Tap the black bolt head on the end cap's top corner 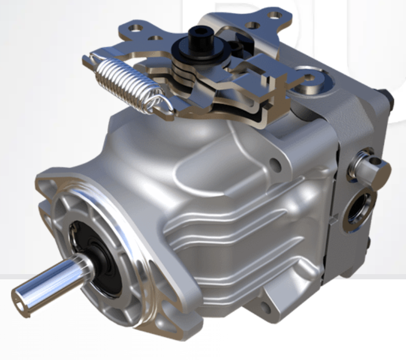[385, 96]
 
